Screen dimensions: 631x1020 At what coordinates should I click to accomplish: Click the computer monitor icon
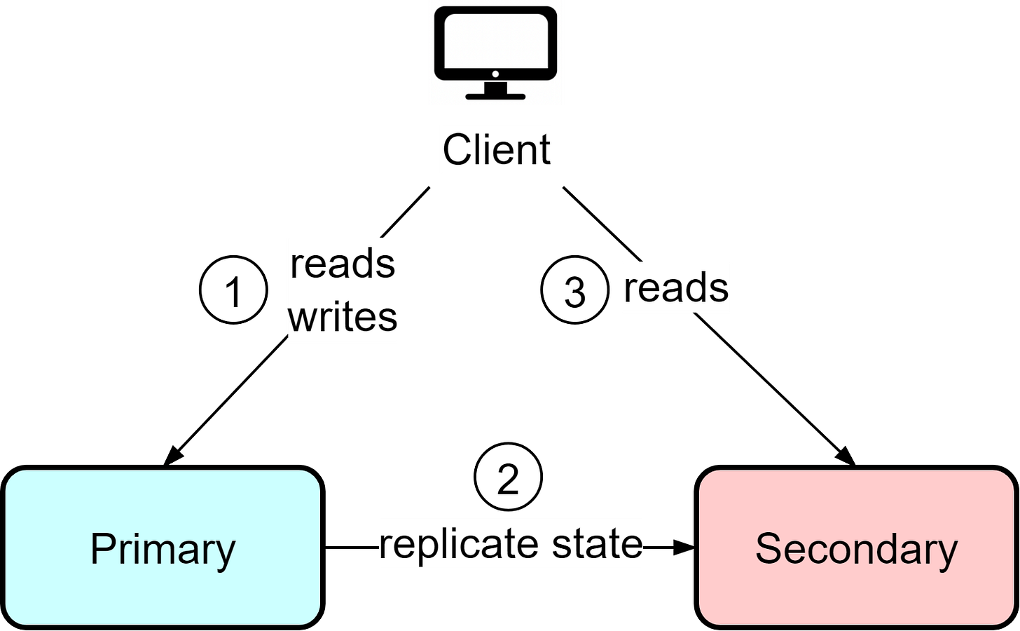point(496,53)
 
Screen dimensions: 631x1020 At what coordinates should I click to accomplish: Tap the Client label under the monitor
point(496,150)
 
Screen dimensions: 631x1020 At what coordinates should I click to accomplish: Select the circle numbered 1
point(233,290)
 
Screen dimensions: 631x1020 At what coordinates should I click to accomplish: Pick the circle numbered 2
point(508,477)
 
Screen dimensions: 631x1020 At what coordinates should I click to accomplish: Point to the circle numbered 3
point(574,290)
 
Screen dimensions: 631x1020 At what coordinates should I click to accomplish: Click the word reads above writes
point(343,264)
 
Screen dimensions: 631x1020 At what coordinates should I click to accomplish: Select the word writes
point(343,317)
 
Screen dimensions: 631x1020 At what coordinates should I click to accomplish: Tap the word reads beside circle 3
point(676,287)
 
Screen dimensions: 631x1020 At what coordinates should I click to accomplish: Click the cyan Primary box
point(163,548)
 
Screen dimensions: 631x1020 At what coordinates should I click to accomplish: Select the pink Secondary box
point(856,548)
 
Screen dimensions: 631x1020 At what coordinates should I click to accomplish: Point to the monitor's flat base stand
point(495,95)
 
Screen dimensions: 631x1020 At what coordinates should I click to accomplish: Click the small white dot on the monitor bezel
point(495,74)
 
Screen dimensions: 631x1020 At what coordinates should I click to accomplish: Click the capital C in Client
point(456,149)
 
